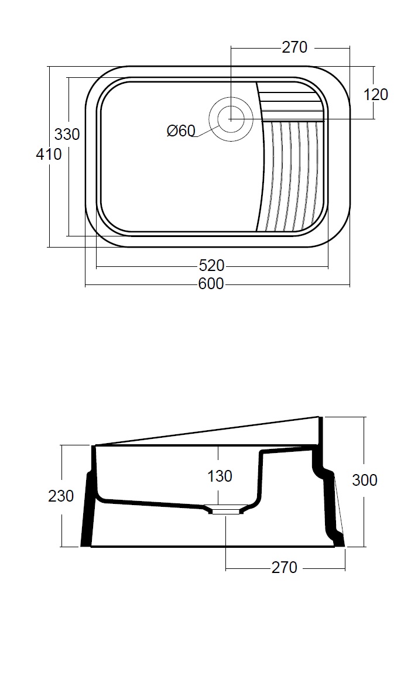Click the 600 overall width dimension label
pos(211,284)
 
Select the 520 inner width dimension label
pos(211,266)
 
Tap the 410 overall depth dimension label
pos(49,155)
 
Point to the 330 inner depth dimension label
pos(67,134)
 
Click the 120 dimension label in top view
pos(376,95)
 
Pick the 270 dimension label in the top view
pos(294,47)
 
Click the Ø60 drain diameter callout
pos(181,131)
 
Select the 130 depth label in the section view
pos(220,476)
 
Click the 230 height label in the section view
pos(61,496)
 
